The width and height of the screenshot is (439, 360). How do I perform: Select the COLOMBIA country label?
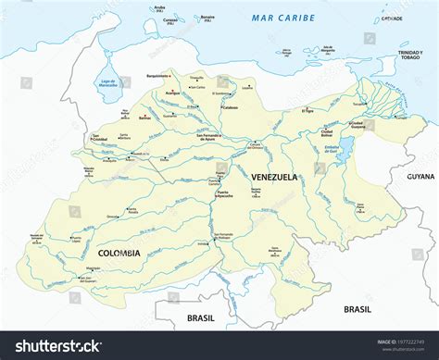(x=119, y=253)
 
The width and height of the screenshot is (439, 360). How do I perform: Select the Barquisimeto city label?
(x=158, y=75)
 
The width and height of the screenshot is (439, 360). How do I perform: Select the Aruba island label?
(x=159, y=8)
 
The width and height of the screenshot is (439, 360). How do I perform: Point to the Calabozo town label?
(x=230, y=107)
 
